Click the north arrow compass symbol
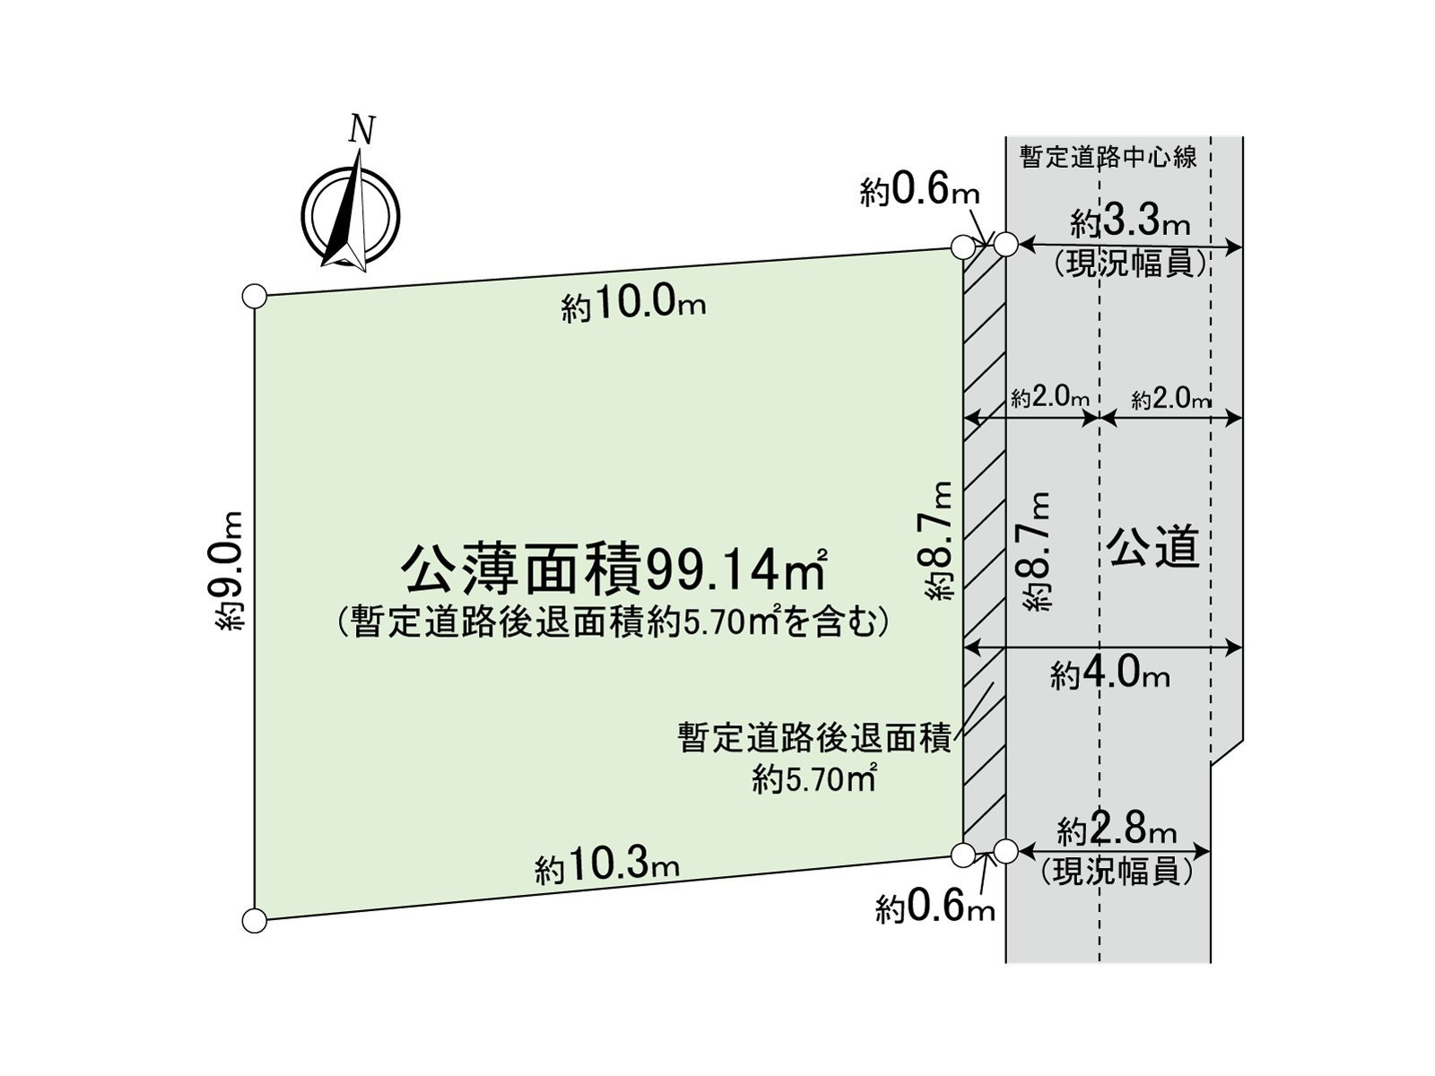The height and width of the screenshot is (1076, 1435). click(x=351, y=213)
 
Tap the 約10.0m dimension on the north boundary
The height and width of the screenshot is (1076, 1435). click(x=633, y=306)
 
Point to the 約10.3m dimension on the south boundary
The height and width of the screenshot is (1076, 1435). click(x=606, y=868)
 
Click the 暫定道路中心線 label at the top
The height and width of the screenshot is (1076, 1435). click(x=1109, y=158)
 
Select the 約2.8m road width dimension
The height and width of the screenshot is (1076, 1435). click(x=1117, y=832)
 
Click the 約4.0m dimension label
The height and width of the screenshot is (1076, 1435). click(x=1110, y=675)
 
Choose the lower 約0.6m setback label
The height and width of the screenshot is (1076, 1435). click(x=935, y=909)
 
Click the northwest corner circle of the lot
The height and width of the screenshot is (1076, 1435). click(x=255, y=296)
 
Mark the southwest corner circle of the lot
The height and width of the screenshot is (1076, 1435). click(x=255, y=921)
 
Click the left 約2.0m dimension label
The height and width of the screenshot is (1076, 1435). click(x=1050, y=398)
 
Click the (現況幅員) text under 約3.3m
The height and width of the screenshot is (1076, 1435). click(x=1130, y=265)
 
